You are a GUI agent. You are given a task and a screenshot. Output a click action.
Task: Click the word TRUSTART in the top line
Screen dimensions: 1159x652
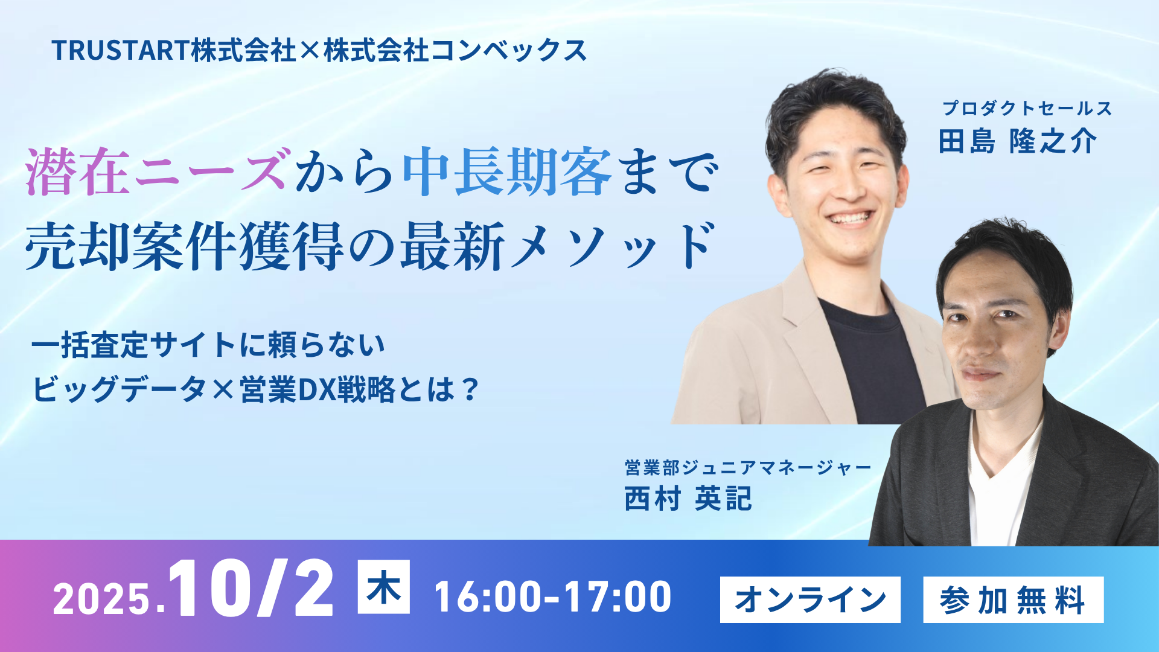coord(121,50)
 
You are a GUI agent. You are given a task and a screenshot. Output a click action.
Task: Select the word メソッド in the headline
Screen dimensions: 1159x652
coord(613,245)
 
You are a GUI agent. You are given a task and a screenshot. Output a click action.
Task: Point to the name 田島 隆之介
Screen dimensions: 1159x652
coord(1018,142)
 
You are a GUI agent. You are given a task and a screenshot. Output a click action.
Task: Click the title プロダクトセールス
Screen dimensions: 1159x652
coord(1027,108)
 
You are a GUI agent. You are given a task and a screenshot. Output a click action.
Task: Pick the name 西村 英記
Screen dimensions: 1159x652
coord(688,499)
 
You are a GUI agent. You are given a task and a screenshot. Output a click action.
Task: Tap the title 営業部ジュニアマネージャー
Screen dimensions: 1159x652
coord(748,467)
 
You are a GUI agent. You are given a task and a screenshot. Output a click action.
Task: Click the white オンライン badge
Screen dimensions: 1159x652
coord(810,599)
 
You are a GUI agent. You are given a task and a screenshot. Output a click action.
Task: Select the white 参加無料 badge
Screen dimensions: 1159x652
coord(1014,599)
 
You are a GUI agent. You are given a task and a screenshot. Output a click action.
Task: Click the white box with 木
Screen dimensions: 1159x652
coord(384,587)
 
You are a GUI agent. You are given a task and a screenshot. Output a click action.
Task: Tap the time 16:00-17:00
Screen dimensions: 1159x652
coord(553,597)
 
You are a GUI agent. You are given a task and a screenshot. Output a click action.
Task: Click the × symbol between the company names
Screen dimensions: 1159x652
coord(308,51)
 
